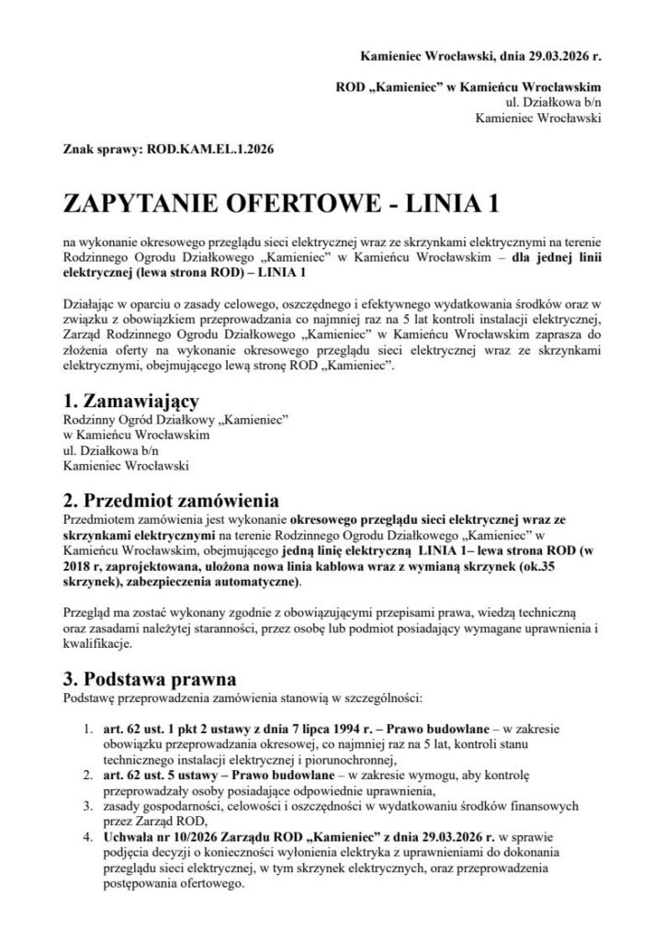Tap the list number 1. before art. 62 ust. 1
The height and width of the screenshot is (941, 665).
[86, 730]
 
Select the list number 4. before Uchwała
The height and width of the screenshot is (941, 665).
[86, 837]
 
